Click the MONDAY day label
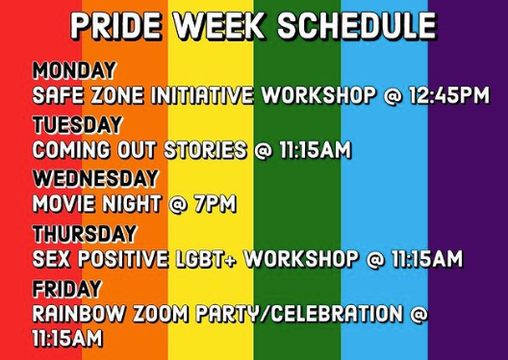coord(74,71)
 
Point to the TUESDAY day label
coord(77,125)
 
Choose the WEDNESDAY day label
coord(95,179)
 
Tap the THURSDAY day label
coord(85,234)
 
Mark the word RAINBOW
coord(72,314)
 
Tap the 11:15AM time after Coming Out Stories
coord(310,150)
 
